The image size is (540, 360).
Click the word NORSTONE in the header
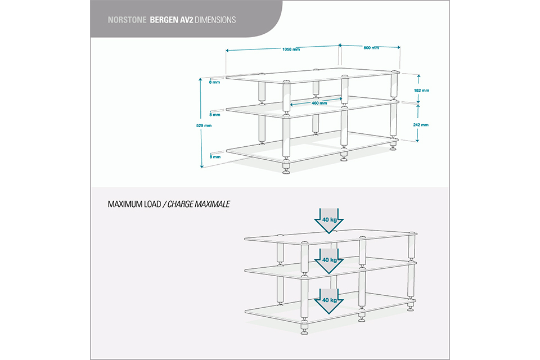127,20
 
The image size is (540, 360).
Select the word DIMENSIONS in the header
215,20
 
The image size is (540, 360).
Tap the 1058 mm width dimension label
291,49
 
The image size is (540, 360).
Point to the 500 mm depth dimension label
371,48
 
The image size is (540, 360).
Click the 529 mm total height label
204,126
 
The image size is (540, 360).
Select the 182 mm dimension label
421,91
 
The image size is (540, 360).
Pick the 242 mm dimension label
421,125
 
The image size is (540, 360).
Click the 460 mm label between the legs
319,103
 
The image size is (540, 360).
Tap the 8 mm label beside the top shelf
214,82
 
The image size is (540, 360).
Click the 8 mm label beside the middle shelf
214,115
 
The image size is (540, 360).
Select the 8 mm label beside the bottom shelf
215,157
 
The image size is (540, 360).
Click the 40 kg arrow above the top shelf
329,220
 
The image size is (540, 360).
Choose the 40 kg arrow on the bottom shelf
329,301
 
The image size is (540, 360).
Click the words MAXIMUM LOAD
134,204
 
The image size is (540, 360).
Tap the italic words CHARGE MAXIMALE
199,204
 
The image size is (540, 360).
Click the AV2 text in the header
186,20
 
